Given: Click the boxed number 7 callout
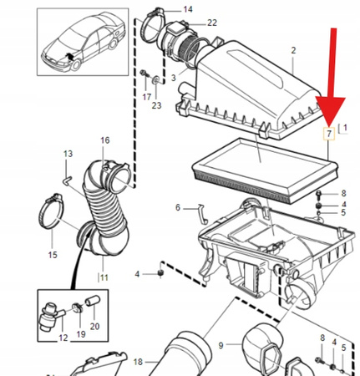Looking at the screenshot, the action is [x=329, y=134].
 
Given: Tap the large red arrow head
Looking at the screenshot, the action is [x=330, y=111].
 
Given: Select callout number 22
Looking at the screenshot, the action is [x=212, y=23].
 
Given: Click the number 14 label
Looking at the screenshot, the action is [x=188, y=9].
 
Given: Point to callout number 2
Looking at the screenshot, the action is [x=293, y=50].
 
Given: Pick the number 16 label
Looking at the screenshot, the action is [x=105, y=140].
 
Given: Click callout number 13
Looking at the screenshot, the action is [x=68, y=154].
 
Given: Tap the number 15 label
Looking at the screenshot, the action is [x=53, y=255].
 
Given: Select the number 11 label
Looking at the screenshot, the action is [x=104, y=277].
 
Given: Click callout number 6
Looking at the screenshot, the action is [x=178, y=207].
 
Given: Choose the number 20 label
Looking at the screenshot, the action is [x=94, y=326].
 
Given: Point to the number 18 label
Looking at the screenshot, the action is [x=138, y=362].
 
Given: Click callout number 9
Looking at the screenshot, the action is [x=221, y=346].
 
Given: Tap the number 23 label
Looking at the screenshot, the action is [x=156, y=105].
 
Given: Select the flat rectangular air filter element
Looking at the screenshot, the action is [x=265, y=170].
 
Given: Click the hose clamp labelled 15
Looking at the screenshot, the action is [x=51, y=211].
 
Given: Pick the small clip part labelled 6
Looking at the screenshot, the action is [x=204, y=214].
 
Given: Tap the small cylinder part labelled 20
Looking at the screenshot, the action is [x=92, y=301].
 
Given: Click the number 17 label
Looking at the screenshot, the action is [x=147, y=97].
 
